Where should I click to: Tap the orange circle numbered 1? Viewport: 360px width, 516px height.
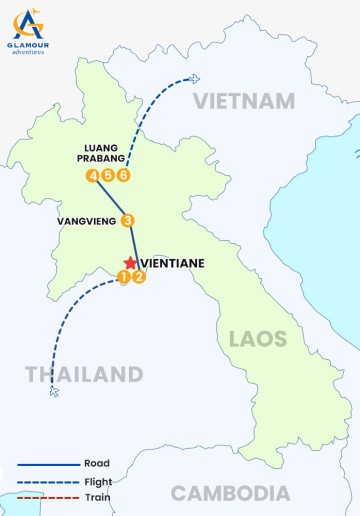click(x=123, y=277)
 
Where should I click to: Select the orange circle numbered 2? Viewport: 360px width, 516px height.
click(x=139, y=277)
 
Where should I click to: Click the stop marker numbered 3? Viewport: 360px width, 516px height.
click(x=127, y=221)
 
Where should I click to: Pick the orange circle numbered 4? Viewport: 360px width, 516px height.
click(x=92, y=176)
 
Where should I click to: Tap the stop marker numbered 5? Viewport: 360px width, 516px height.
click(x=107, y=176)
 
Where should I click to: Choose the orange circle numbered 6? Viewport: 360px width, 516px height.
click(x=123, y=176)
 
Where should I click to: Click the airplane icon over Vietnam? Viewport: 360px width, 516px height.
click(x=193, y=79)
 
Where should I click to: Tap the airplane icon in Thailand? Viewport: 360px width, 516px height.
click(x=54, y=392)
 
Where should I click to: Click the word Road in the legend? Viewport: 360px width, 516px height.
click(x=98, y=463)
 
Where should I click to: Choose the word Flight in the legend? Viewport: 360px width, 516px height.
click(x=100, y=480)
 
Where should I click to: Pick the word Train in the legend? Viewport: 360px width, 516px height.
click(x=98, y=497)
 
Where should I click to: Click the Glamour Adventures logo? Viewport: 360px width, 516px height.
click(x=28, y=31)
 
